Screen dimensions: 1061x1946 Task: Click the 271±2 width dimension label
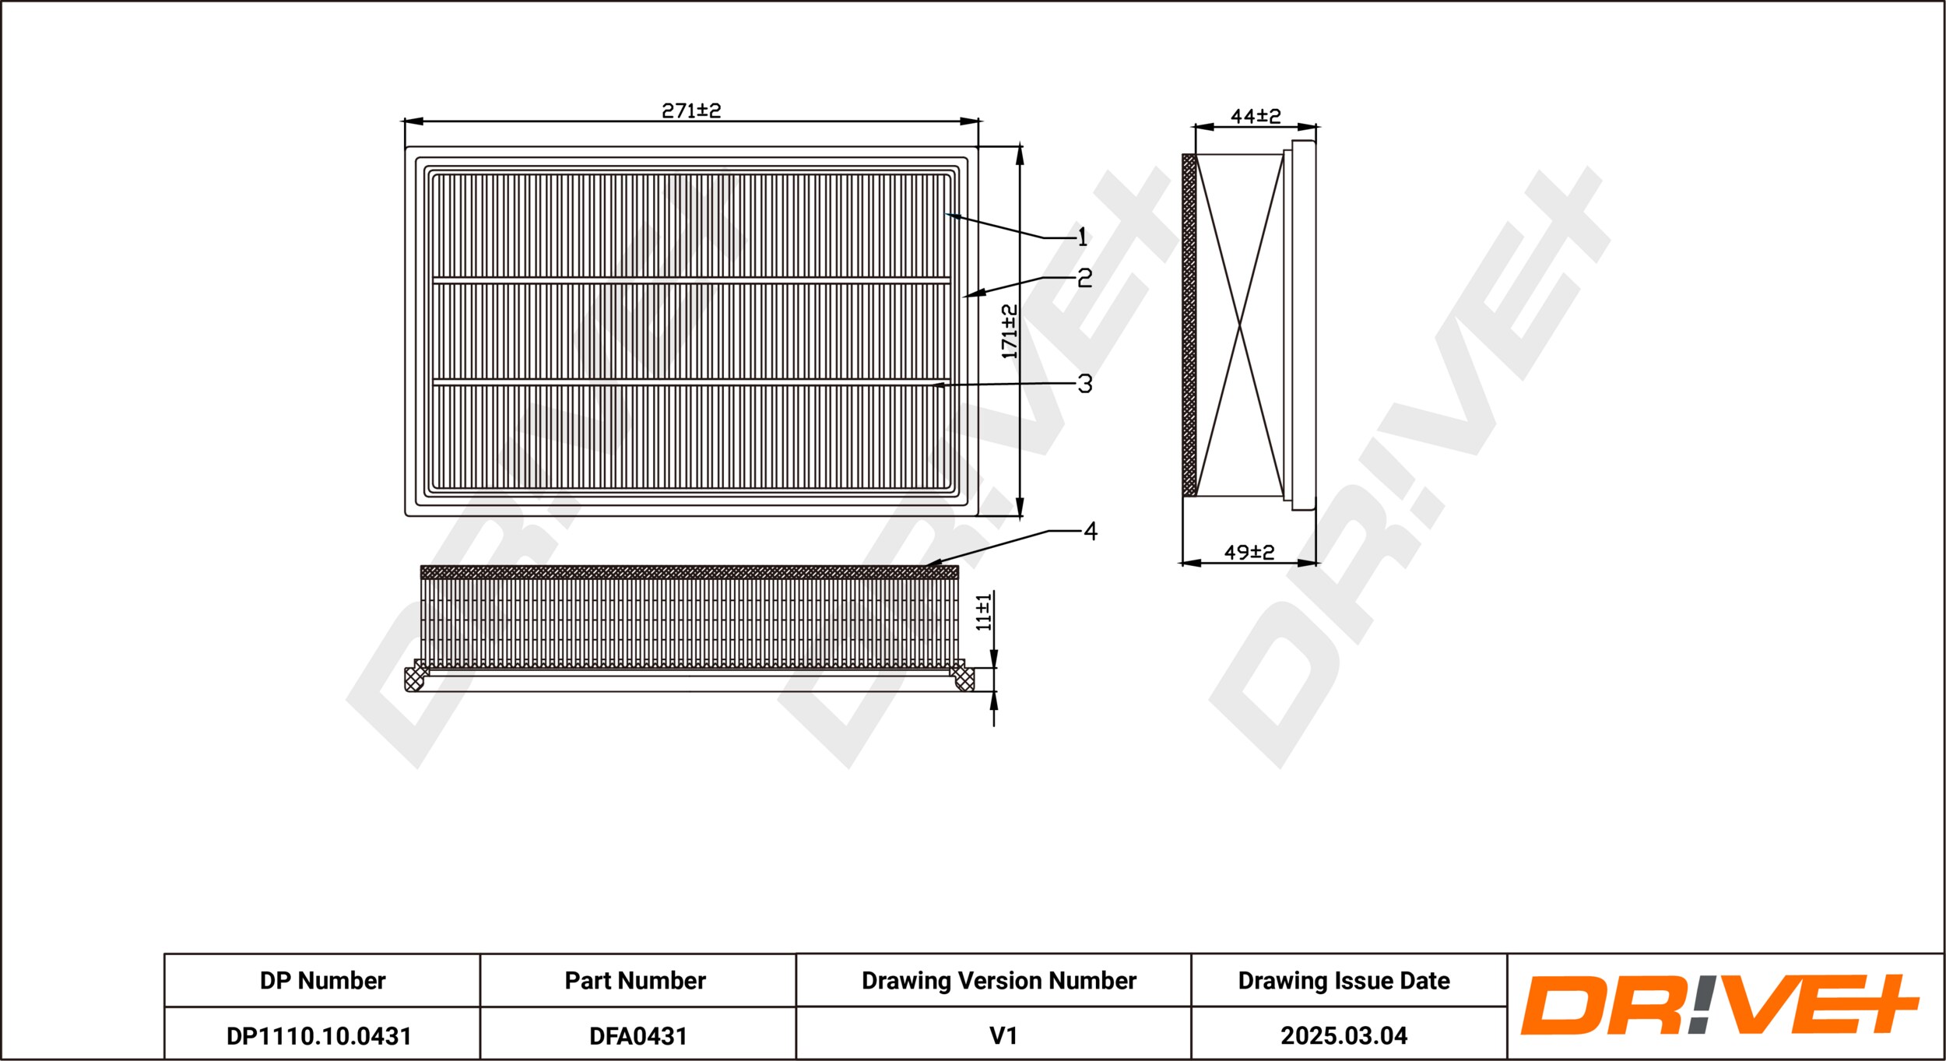(691, 111)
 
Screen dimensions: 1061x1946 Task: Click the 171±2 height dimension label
(1010, 332)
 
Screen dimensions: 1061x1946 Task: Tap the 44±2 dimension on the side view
(1256, 116)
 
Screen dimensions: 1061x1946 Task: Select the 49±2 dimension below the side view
(1249, 552)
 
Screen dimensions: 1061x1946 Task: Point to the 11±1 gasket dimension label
(984, 611)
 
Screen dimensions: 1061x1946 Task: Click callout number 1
(1082, 237)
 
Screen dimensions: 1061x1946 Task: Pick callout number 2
(1085, 278)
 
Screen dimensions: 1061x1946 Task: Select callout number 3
(1085, 383)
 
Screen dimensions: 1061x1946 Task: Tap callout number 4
(1091, 531)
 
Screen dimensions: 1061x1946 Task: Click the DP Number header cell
(322, 981)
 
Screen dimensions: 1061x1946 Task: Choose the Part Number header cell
(635, 981)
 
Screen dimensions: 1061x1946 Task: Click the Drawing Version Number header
(999, 981)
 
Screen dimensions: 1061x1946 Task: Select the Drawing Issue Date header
(1344, 981)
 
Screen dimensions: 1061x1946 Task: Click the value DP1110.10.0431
(319, 1036)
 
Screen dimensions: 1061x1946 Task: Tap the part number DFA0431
(638, 1036)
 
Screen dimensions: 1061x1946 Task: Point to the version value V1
(1003, 1036)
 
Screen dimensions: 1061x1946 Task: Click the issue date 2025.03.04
(1344, 1036)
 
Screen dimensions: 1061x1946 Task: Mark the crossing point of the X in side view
(1239, 326)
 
